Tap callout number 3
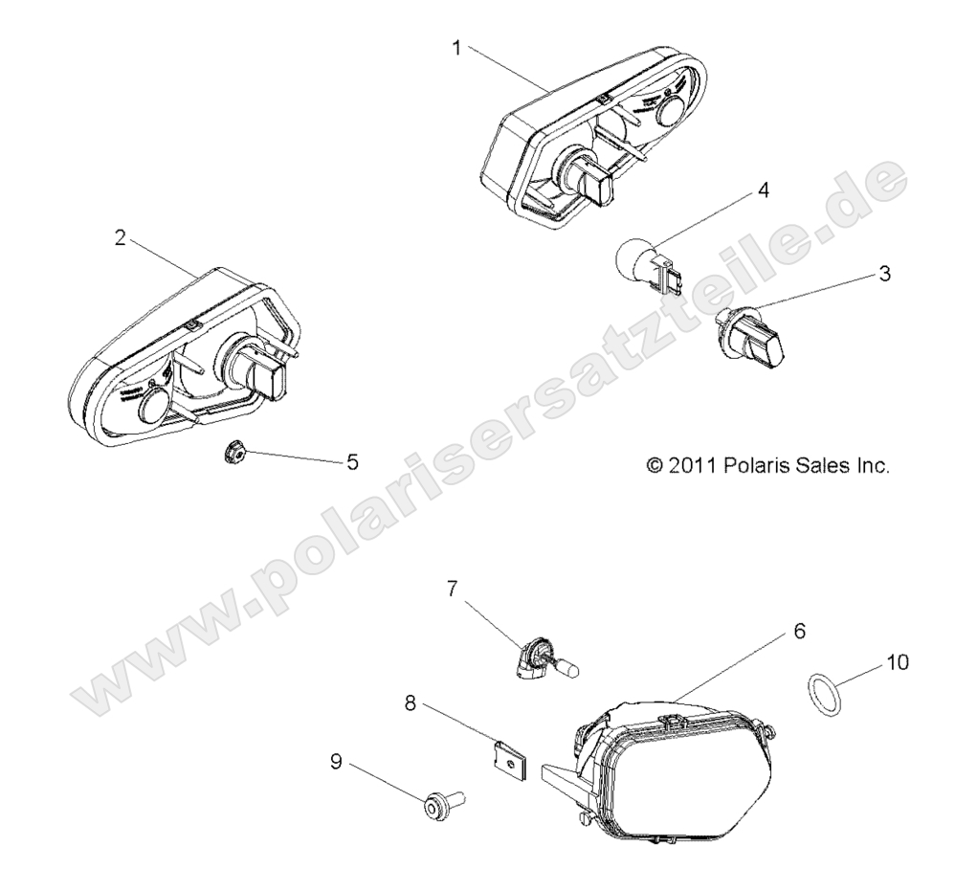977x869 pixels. tap(884, 274)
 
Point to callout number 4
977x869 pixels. tap(763, 189)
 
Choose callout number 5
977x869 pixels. tap(352, 462)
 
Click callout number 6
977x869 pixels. tap(799, 632)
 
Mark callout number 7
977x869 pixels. tap(454, 588)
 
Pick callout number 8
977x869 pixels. tap(410, 703)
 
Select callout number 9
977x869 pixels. tap(336, 762)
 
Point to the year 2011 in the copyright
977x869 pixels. tap(691, 466)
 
